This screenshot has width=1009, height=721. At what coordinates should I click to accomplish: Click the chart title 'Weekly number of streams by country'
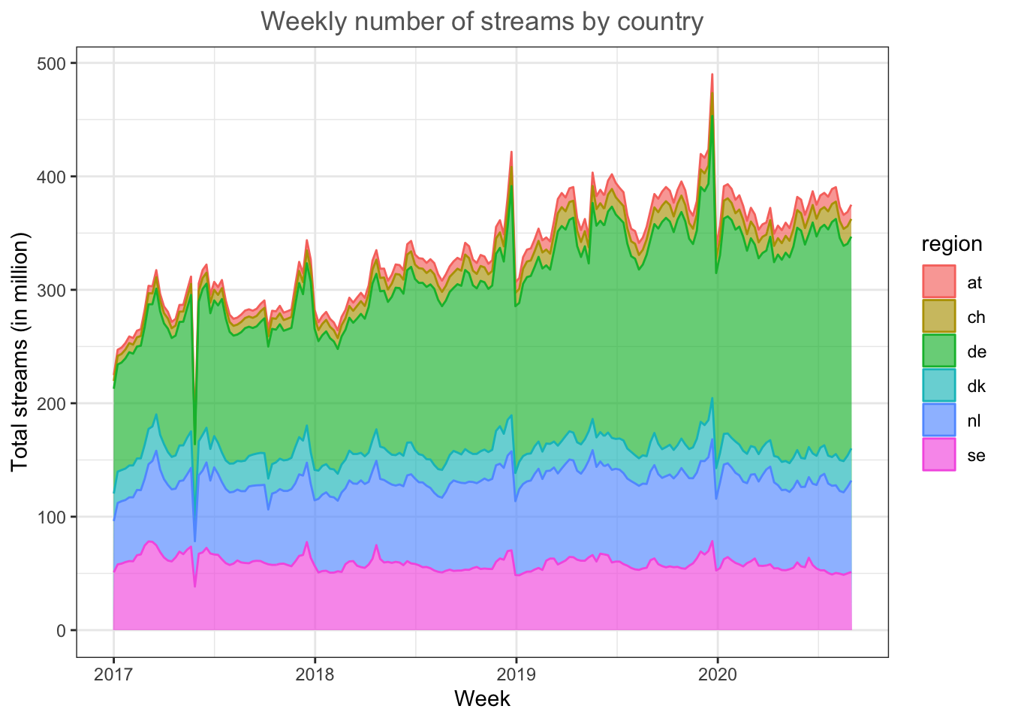[482, 22]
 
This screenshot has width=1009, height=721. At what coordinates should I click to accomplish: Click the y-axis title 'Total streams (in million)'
[20, 351]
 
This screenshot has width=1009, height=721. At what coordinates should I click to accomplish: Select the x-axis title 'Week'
[482, 699]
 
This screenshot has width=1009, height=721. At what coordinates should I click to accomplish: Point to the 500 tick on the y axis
[52, 63]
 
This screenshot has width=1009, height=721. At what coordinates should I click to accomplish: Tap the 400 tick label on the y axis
[52, 176]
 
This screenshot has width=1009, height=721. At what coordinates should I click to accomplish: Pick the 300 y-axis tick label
[52, 290]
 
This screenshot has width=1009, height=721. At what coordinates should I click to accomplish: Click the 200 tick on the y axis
[52, 403]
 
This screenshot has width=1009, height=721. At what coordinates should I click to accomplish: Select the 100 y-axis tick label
[52, 517]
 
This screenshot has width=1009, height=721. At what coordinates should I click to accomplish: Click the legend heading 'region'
[952, 244]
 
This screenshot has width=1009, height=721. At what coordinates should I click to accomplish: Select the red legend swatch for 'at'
[938, 282]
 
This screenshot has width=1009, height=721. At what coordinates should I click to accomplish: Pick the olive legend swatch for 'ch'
[938, 317]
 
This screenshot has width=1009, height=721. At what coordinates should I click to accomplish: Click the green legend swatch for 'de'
[938, 351]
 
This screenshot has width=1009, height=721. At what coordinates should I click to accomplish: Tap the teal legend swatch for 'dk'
[938, 386]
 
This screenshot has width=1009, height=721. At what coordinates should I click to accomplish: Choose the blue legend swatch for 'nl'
[938, 421]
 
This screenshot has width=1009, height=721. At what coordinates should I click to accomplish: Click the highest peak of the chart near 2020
[712, 74]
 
